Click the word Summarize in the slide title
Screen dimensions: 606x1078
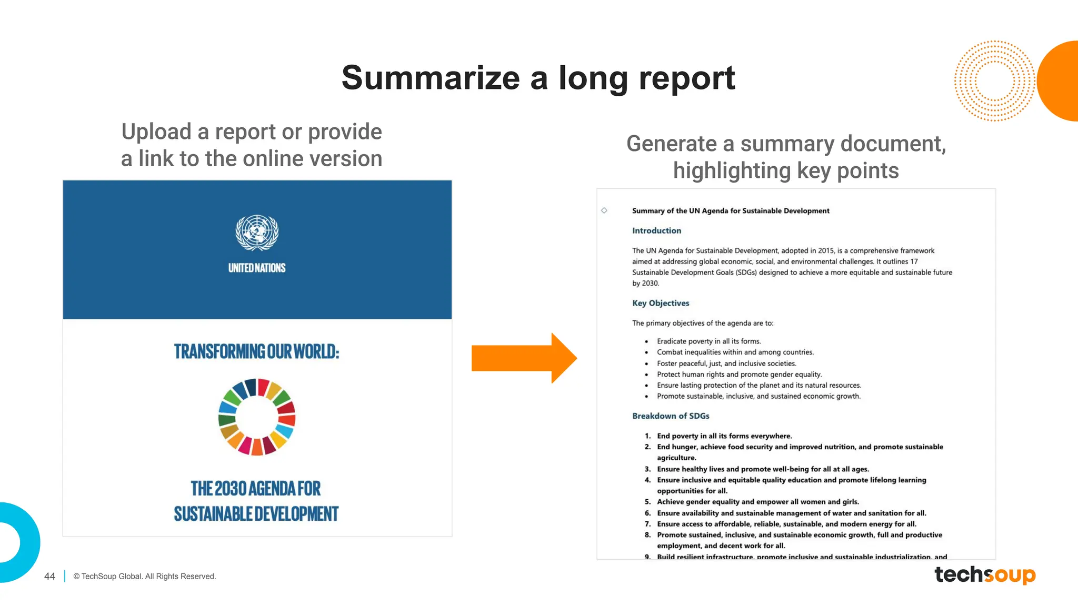(x=430, y=78)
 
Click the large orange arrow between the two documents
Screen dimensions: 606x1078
(x=524, y=358)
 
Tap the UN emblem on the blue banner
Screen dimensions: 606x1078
(x=257, y=232)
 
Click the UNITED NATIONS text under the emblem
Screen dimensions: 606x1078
(x=257, y=268)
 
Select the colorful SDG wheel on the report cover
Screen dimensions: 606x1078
(x=257, y=417)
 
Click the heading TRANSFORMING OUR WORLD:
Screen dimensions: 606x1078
(x=257, y=351)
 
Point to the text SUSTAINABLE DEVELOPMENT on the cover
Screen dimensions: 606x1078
(x=256, y=514)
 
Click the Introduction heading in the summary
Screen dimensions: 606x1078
(x=656, y=230)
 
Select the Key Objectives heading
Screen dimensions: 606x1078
(x=661, y=303)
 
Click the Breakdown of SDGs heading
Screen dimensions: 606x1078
(x=671, y=416)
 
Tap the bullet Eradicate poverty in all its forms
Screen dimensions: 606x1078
(x=708, y=341)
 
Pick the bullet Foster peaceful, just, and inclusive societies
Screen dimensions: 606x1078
(x=726, y=363)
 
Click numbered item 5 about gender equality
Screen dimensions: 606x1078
(x=757, y=502)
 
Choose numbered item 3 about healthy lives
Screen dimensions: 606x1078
(x=763, y=469)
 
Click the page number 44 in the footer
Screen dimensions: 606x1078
(x=49, y=577)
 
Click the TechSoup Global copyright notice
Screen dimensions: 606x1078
(x=145, y=577)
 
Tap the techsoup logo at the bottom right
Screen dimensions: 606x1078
(x=984, y=574)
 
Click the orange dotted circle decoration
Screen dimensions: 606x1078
(x=994, y=81)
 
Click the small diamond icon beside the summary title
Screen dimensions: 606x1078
(x=604, y=210)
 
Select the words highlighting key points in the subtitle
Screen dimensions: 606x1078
(x=785, y=171)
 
